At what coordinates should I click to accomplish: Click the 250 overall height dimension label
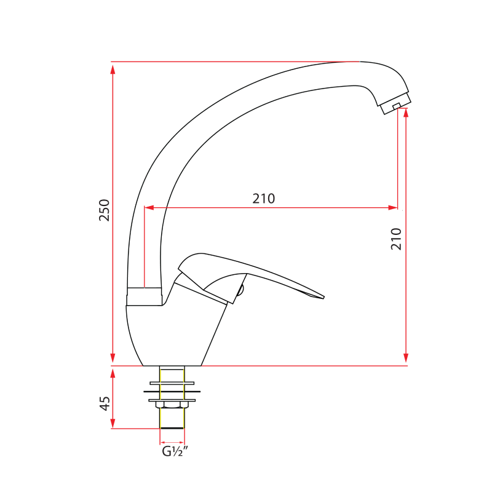pyautogui.click(x=104, y=210)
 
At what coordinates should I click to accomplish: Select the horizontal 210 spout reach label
pyautogui.click(x=263, y=199)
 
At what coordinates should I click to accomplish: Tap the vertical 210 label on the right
pyautogui.click(x=396, y=238)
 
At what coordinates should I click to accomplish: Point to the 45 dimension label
pyautogui.click(x=105, y=403)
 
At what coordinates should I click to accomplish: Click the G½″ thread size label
pyautogui.click(x=174, y=452)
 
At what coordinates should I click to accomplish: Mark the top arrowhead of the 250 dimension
pyautogui.click(x=113, y=68)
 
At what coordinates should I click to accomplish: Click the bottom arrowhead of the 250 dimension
pyautogui.click(x=113, y=359)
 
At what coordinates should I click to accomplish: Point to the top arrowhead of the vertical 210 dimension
pyautogui.click(x=406, y=113)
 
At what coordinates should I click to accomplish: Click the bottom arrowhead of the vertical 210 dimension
pyautogui.click(x=406, y=359)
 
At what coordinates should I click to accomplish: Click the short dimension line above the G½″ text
pyautogui.click(x=172, y=442)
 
